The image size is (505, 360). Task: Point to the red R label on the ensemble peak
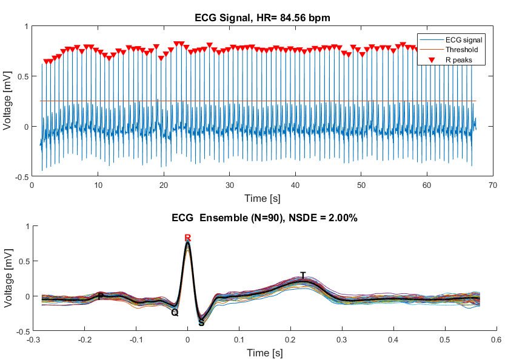pyautogui.click(x=188, y=238)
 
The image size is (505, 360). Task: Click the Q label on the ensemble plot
pyautogui.click(x=175, y=313)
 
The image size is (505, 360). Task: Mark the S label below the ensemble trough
pyautogui.click(x=201, y=323)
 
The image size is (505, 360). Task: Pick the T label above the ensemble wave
pyautogui.click(x=303, y=276)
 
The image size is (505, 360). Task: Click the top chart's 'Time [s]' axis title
pyautogui.click(x=262, y=198)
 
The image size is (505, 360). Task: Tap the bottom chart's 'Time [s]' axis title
pyautogui.click(x=262, y=352)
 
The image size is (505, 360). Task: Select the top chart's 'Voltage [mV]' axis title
pyautogui.click(x=8, y=101)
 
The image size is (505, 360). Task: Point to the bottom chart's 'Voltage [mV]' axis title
pyautogui.click(x=8, y=279)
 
